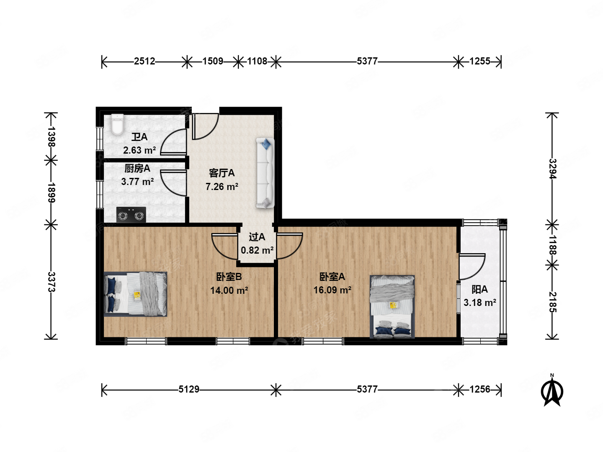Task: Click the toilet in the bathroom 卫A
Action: (118, 124)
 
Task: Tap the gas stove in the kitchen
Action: (131, 215)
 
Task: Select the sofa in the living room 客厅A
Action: (265, 173)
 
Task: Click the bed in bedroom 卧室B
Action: (135, 294)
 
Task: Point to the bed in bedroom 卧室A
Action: (392, 306)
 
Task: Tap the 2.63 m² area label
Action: (139, 150)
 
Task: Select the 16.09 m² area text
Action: (332, 290)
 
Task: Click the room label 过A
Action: (257, 237)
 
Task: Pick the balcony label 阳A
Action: (479, 289)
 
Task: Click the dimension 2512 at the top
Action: (144, 62)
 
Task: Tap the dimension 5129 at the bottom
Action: (189, 390)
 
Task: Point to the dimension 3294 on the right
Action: (552, 169)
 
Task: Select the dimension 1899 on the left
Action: (51, 193)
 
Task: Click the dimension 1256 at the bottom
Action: (479, 390)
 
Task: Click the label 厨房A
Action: (137, 168)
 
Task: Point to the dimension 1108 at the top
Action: (257, 62)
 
